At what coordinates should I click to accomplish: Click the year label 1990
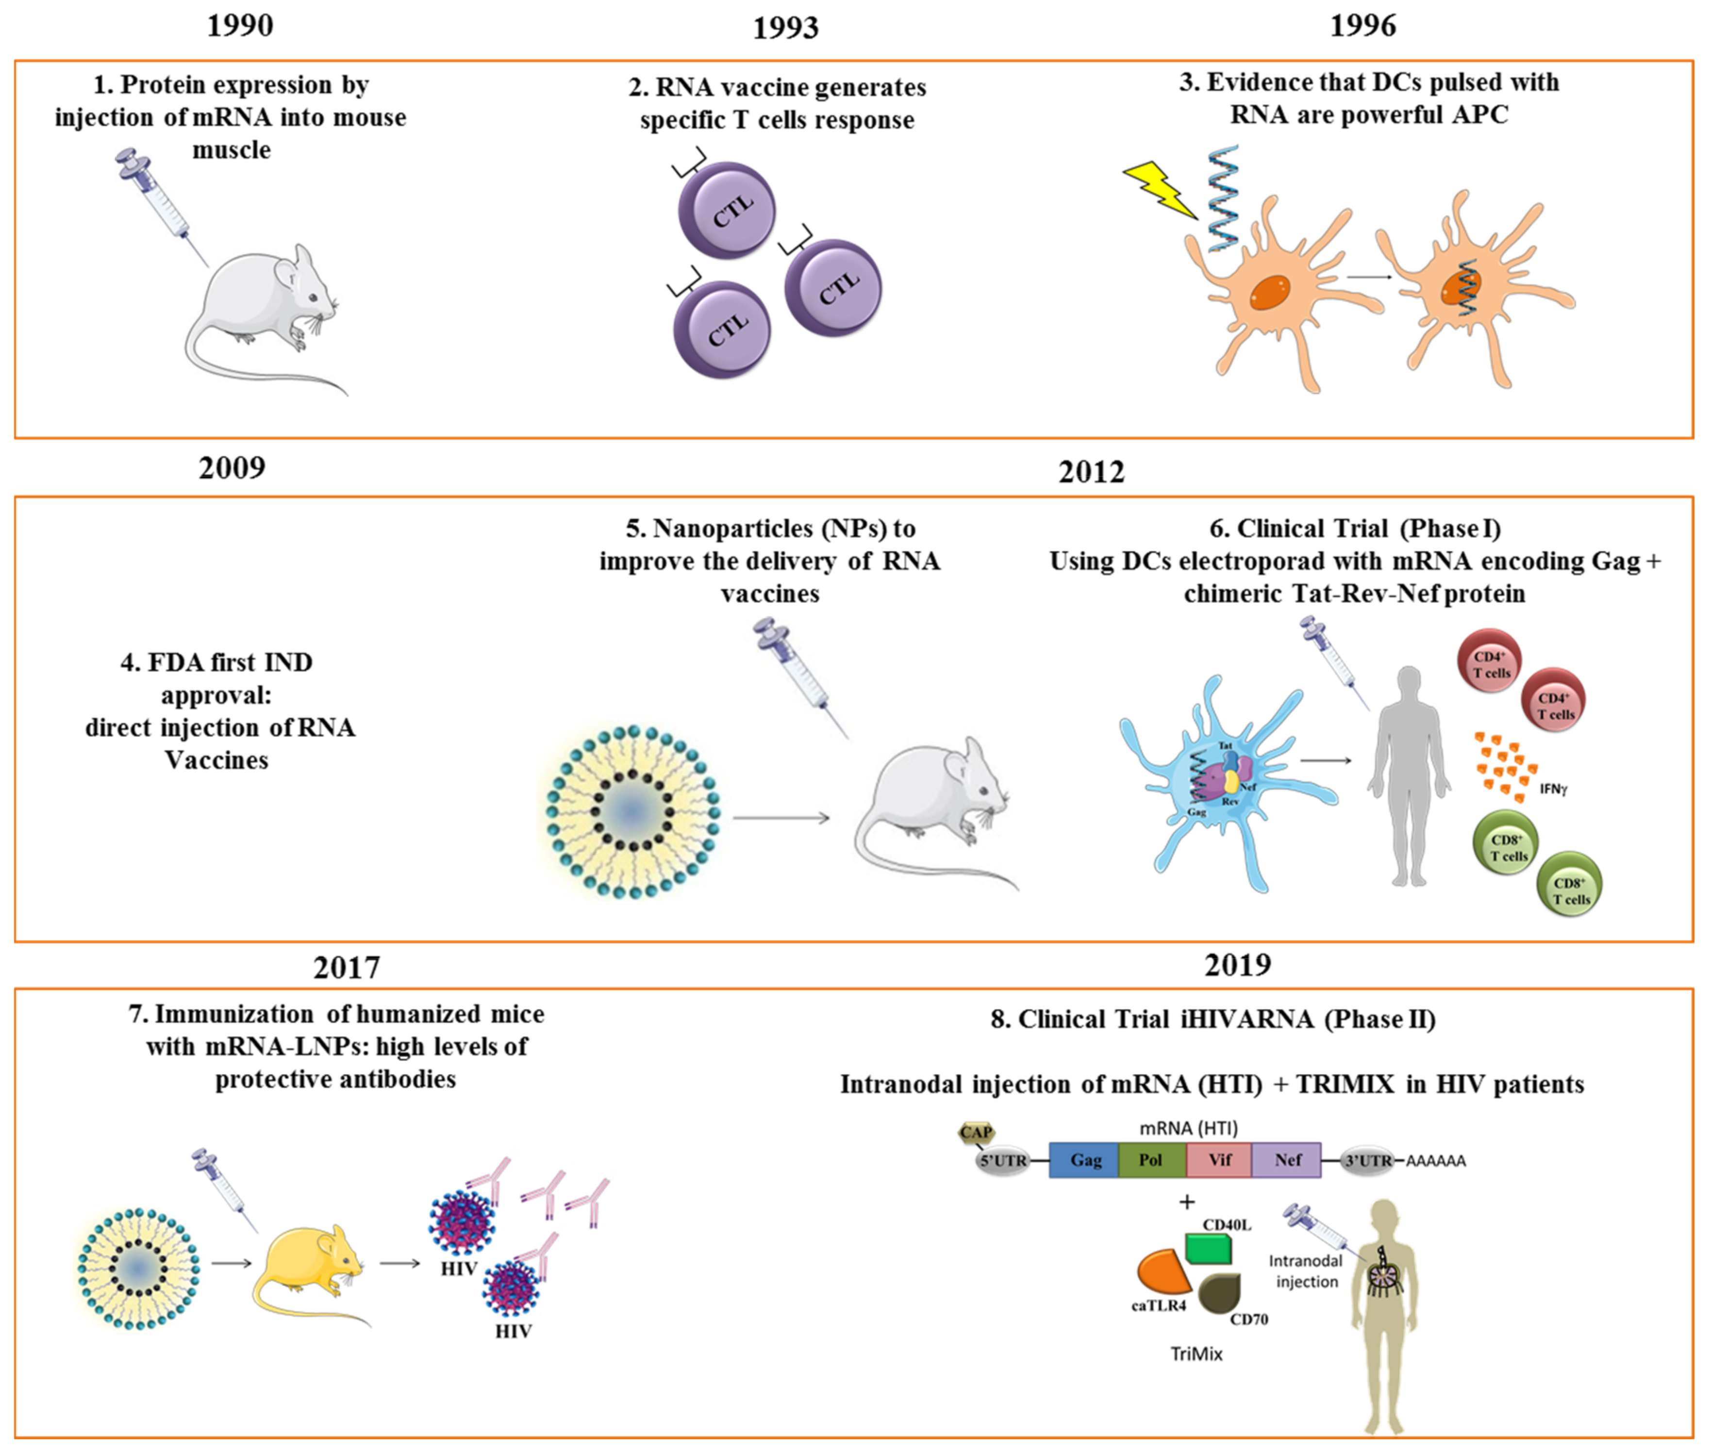coord(240,26)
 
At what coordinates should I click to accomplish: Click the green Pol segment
coord(1151,1160)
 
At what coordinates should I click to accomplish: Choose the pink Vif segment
coord(1219,1160)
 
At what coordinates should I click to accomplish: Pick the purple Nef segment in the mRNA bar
coord(1286,1160)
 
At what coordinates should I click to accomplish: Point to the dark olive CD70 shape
coord(1219,1294)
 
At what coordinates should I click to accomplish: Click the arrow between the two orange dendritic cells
coord(1368,278)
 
